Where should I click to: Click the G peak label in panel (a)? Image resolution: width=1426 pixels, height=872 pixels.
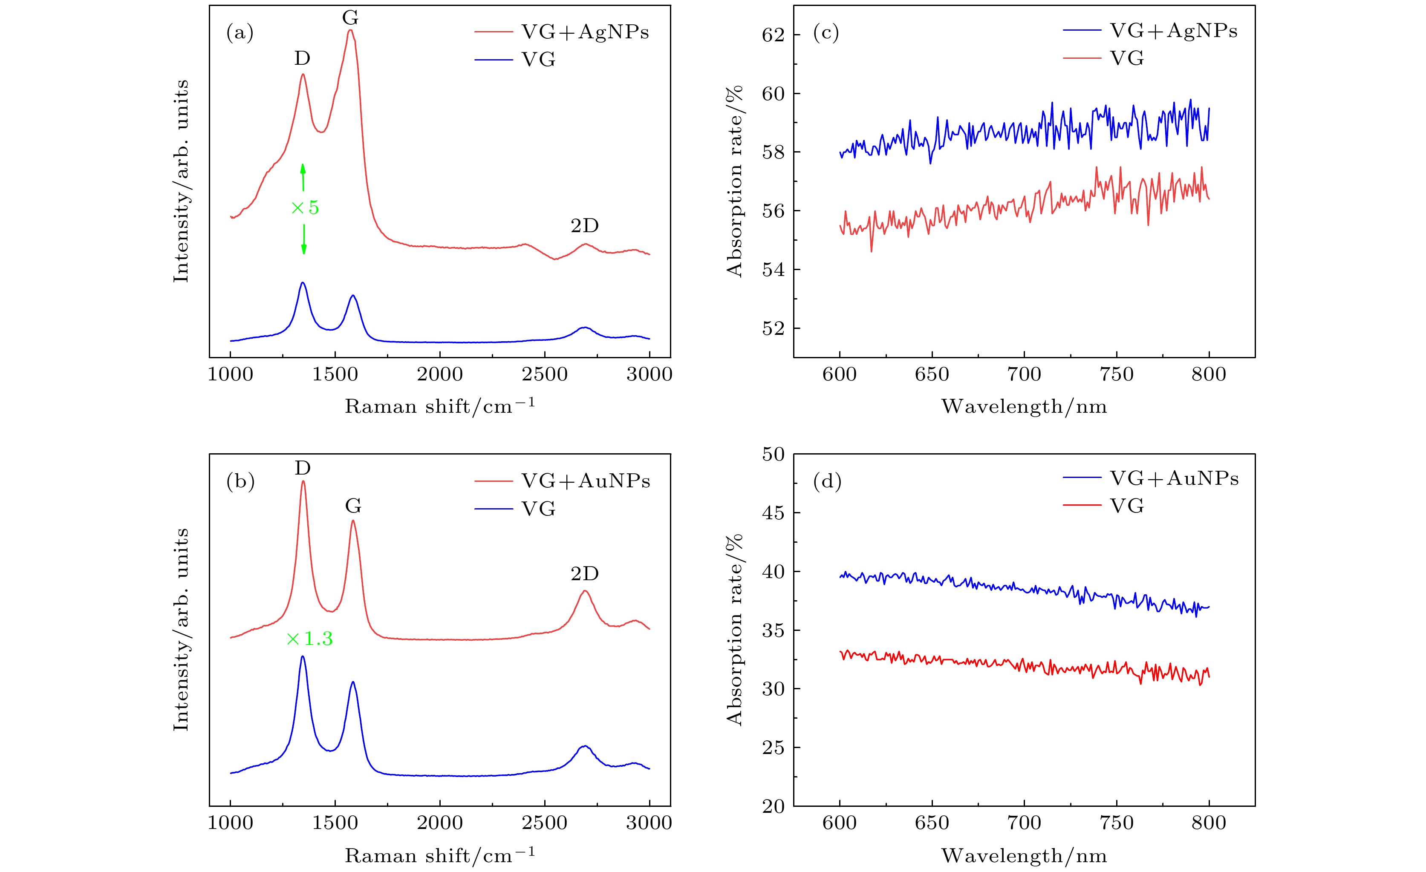pyautogui.click(x=350, y=18)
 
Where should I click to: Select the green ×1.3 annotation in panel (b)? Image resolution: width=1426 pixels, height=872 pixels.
pyautogui.click(x=310, y=639)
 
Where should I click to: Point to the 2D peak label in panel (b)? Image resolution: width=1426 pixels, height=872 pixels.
pyautogui.click(x=585, y=573)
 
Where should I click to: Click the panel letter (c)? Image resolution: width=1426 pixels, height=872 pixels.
pyautogui.click(x=826, y=32)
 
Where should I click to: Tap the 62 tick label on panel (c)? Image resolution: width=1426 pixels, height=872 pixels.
pyautogui.click(x=773, y=35)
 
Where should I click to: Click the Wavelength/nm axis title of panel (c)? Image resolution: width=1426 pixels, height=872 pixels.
pyautogui.click(x=1024, y=407)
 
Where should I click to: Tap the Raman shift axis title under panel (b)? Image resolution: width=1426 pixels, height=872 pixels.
pyautogui.click(x=440, y=855)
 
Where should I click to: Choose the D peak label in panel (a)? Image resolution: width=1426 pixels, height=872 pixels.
pyautogui.click(x=302, y=58)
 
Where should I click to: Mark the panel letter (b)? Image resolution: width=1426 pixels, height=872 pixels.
pyautogui.click(x=240, y=481)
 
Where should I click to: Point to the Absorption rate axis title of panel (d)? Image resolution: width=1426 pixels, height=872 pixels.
pyautogui.click(x=734, y=630)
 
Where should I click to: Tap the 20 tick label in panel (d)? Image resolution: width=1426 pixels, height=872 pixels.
pyautogui.click(x=773, y=806)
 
